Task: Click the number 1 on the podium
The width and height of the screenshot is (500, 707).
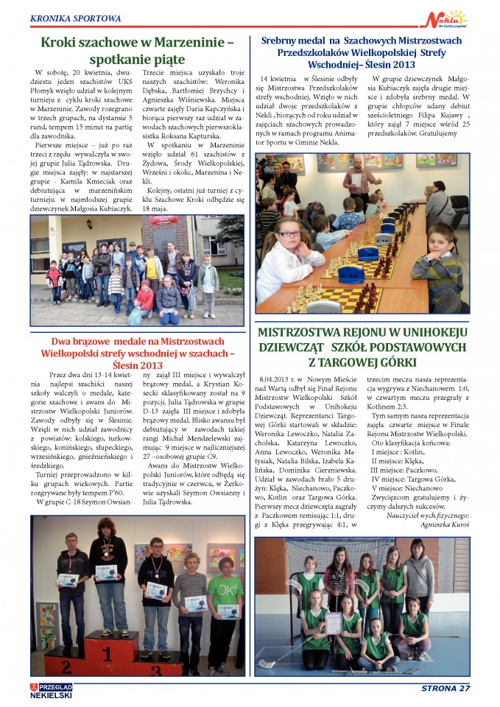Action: tap(109, 654)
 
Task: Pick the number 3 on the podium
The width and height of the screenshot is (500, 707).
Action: tap(156, 669)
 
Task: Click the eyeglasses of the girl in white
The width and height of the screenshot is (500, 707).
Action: tap(289, 233)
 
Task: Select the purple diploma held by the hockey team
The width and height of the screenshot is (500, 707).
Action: tap(333, 622)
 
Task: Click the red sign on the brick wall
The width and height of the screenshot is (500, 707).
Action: tap(159, 219)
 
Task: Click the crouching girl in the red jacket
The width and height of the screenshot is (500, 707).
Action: tap(146, 298)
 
